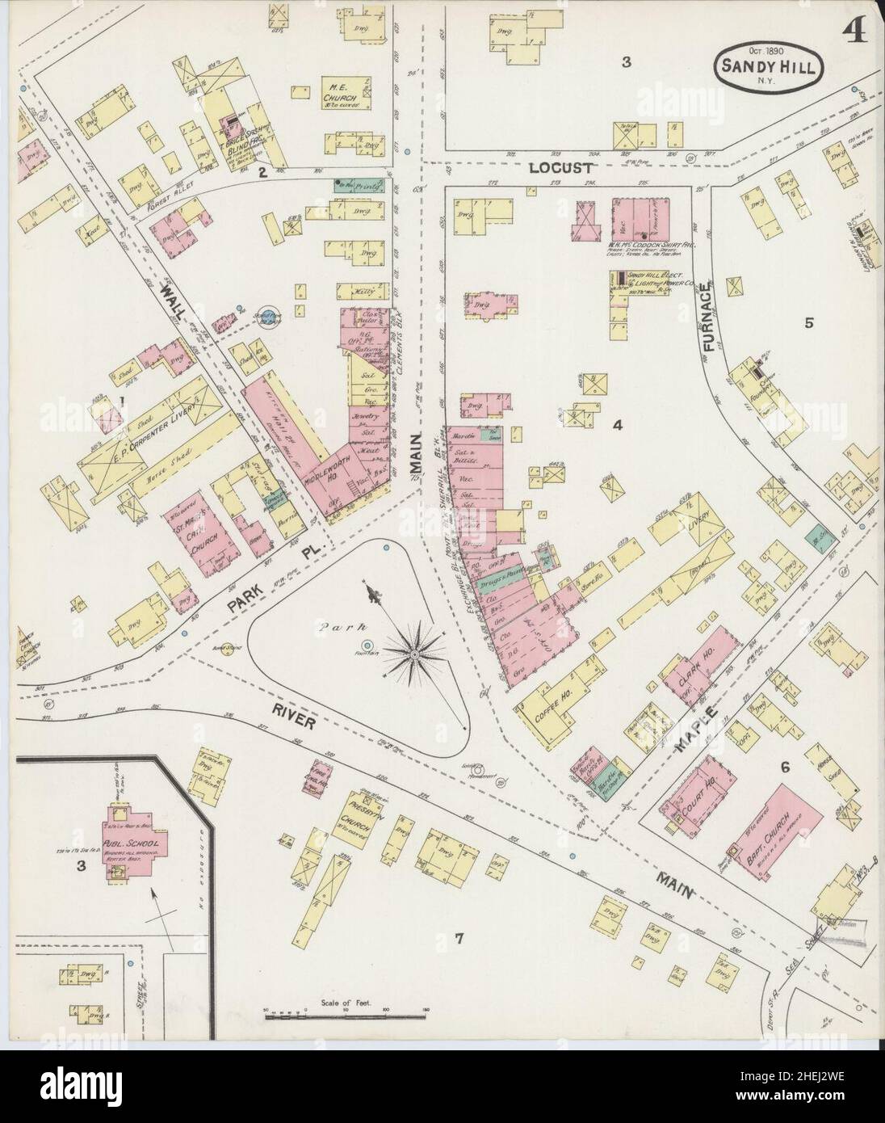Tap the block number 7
458,938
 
